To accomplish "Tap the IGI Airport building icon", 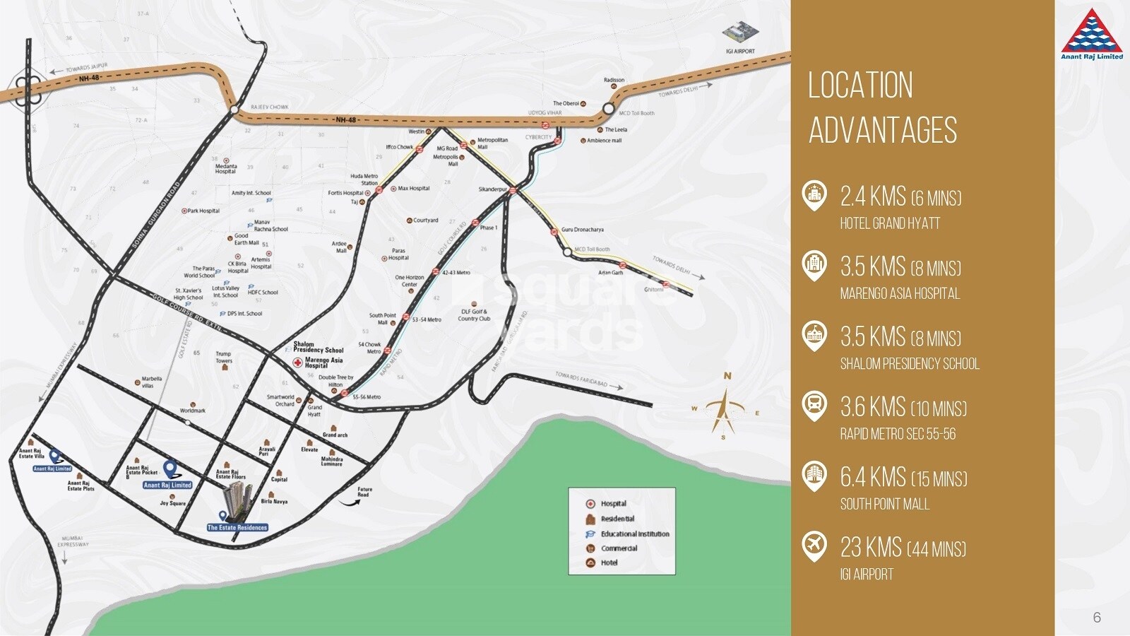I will pyautogui.click(x=740, y=33).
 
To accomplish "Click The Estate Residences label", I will pyautogui.click(x=237, y=527).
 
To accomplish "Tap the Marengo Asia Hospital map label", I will pyautogui.click(x=323, y=363).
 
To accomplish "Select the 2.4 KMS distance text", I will pyautogui.click(x=873, y=196).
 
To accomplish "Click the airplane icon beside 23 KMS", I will pyautogui.click(x=814, y=546).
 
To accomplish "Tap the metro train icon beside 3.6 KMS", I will pyautogui.click(x=814, y=406).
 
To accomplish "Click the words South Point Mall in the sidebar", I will pyautogui.click(x=884, y=504).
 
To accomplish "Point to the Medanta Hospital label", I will pyautogui.click(x=226, y=169).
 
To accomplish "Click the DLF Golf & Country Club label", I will pyautogui.click(x=474, y=315).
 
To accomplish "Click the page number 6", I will pyautogui.click(x=1097, y=617).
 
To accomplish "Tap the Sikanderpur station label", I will pyautogui.click(x=492, y=189).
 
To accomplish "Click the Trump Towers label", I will pyautogui.click(x=223, y=357).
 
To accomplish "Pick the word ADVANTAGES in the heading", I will pyautogui.click(x=883, y=131).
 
